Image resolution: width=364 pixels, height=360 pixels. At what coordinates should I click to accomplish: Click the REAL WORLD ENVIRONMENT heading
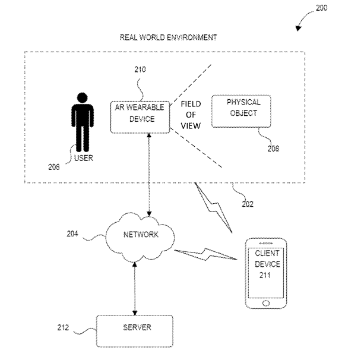[x=168, y=37]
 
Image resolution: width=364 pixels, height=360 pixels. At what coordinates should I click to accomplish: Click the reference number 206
[x=54, y=167]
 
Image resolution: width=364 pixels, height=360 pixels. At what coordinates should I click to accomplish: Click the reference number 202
[x=248, y=204]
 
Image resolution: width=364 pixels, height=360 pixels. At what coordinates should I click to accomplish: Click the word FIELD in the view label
[x=191, y=105]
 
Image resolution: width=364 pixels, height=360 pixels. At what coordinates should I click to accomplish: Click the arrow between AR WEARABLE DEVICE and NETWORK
[x=148, y=176]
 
